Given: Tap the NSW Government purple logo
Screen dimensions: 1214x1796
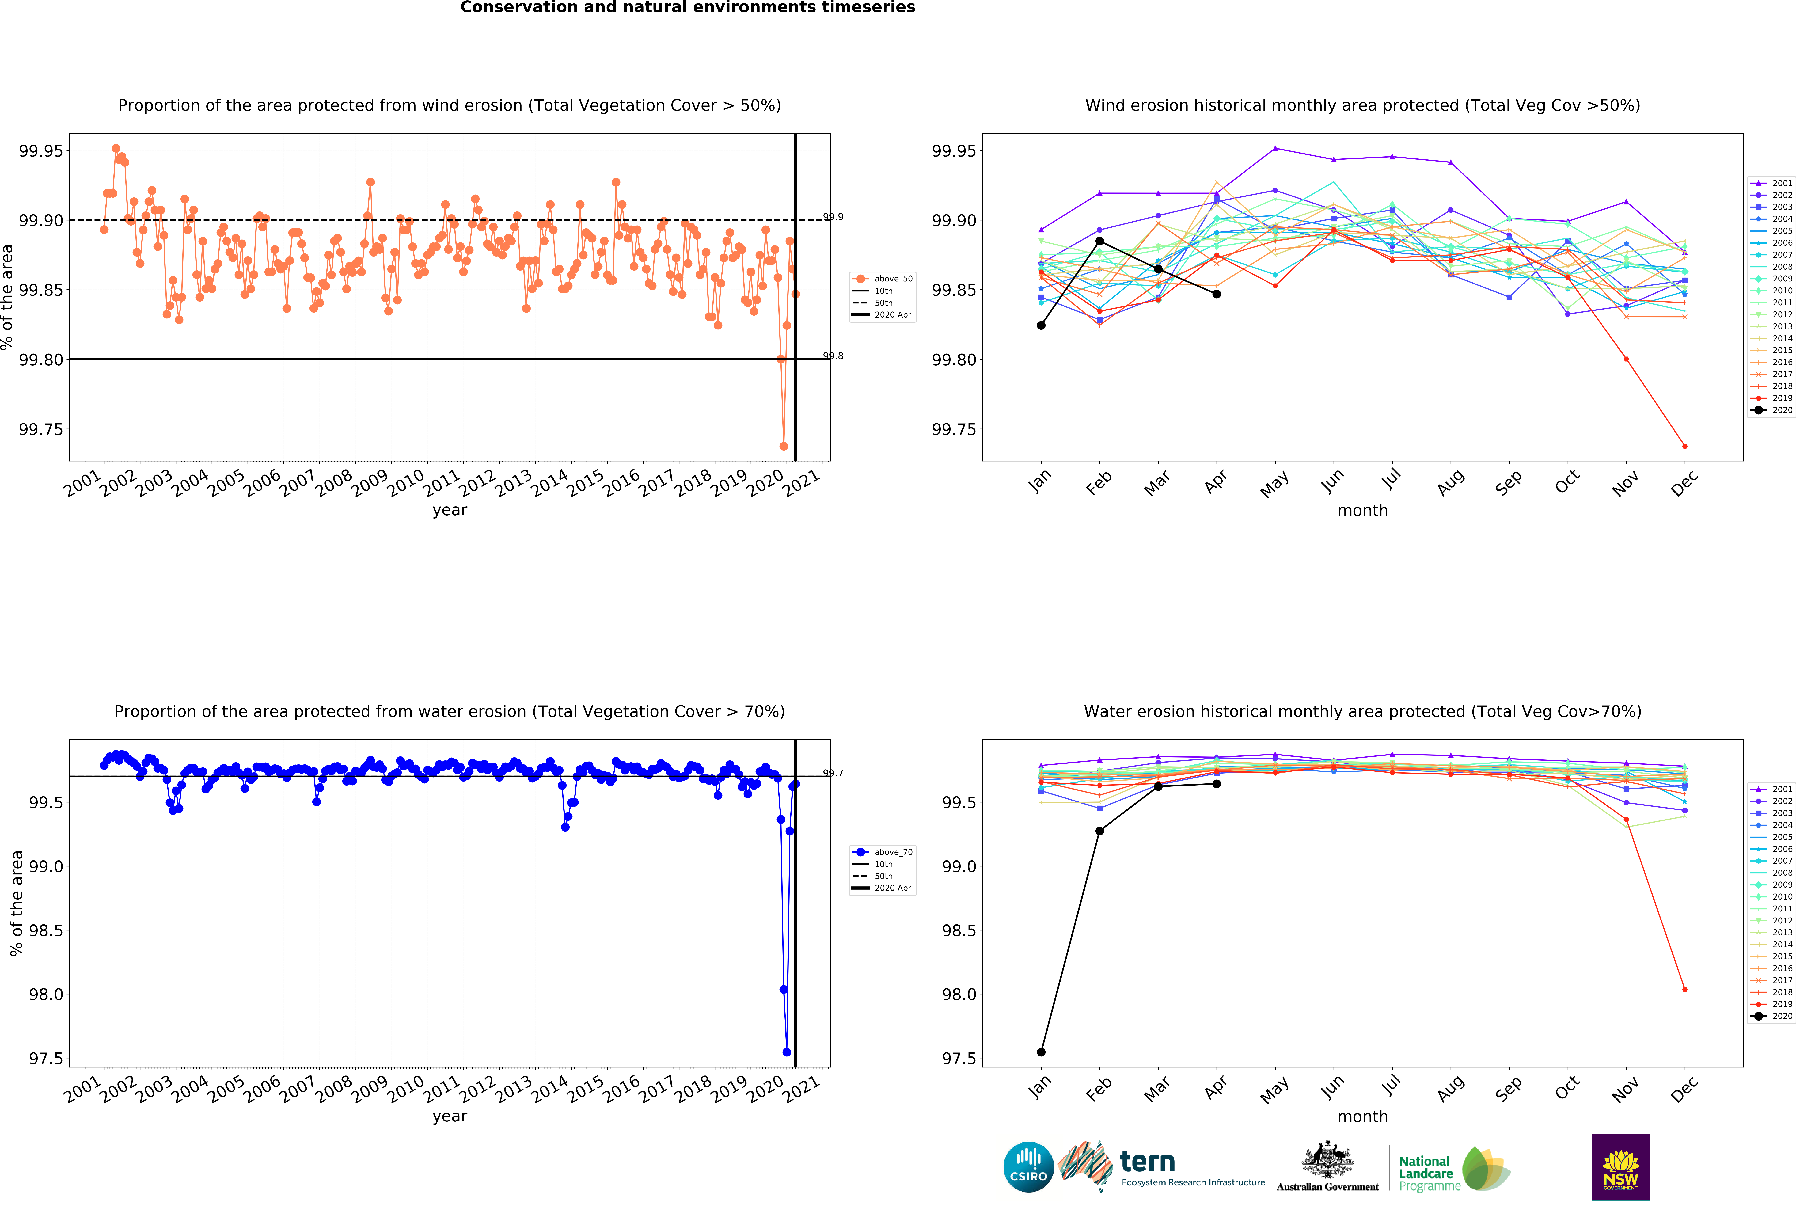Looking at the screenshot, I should [x=1621, y=1167].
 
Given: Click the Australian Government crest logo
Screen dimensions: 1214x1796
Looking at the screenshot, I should [x=1327, y=1161].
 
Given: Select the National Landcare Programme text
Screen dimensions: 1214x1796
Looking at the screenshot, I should [x=1426, y=1173].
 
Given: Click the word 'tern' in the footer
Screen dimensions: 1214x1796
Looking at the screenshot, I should [x=1148, y=1161].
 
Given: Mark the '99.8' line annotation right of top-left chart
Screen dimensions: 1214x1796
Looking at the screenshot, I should [x=833, y=356].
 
